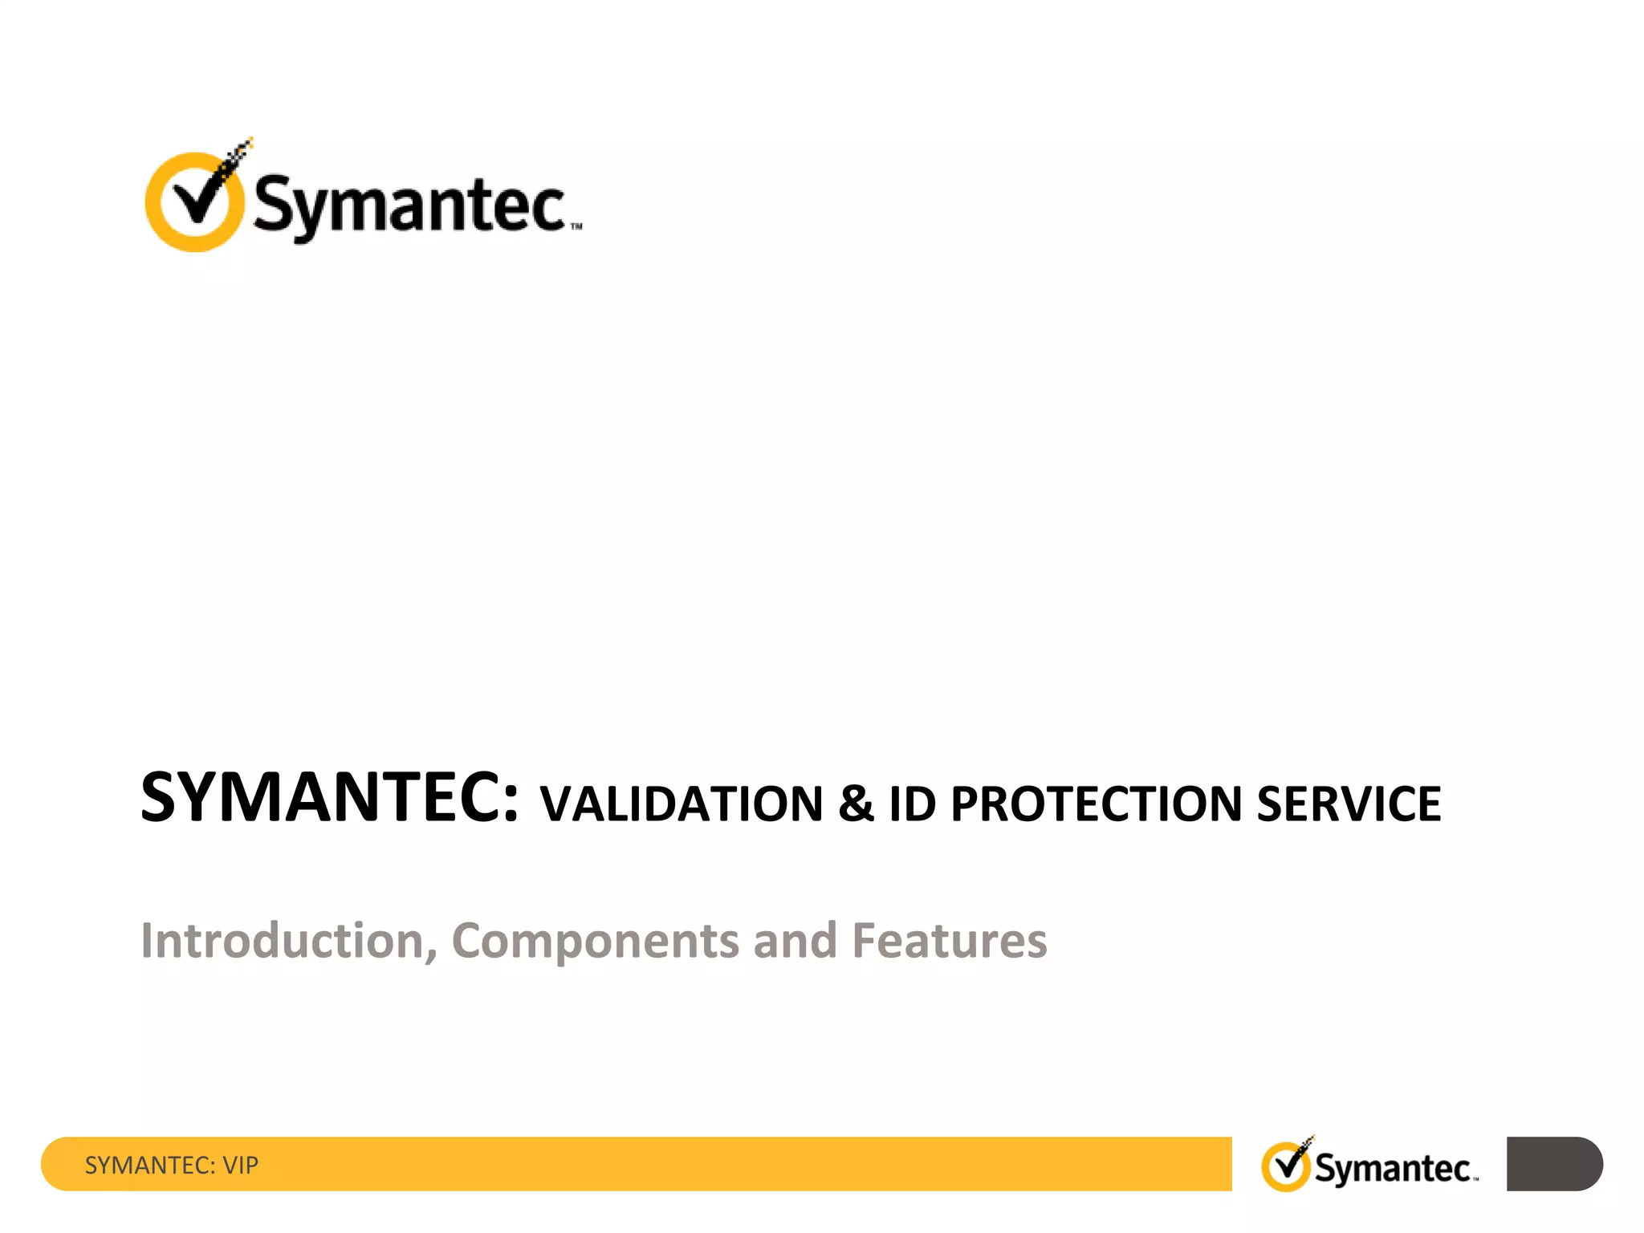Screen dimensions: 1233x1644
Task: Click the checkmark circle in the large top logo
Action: coord(193,202)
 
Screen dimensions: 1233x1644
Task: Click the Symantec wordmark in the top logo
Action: coord(409,205)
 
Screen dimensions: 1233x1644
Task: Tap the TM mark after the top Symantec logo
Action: coord(576,227)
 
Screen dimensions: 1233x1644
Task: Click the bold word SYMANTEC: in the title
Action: coord(330,798)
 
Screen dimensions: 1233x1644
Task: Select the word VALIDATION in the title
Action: coord(682,804)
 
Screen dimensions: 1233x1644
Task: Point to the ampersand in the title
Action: coord(856,804)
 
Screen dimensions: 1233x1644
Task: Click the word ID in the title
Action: coord(913,804)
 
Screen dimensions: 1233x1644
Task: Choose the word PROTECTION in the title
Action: coord(1096,804)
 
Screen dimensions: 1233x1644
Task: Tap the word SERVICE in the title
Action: coord(1349,804)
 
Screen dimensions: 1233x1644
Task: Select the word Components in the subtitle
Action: coord(595,941)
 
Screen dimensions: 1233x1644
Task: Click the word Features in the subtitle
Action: coord(949,941)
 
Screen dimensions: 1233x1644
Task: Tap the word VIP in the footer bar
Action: coord(240,1166)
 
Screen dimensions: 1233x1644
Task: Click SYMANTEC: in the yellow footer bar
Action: coord(150,1166)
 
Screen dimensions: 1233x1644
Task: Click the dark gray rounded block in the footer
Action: coord(1553,1164)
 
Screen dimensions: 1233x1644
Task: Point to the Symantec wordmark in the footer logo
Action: coord(1393,1169)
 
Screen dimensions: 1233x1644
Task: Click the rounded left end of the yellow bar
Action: coord(56,1164)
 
